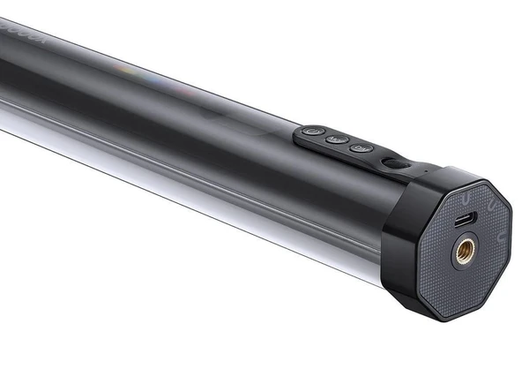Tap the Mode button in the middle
(335, 139)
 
